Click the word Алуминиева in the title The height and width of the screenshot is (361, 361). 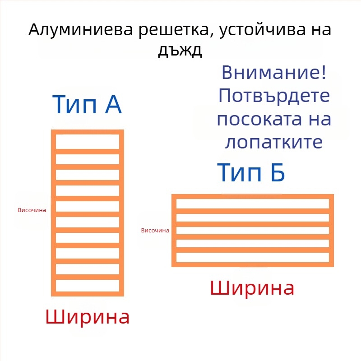(x=81, y=29)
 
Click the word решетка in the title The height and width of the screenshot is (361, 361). (x=176, y=31)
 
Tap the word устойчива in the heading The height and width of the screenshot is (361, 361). (x=262, y=30)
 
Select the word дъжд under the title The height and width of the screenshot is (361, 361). (x=180, y=50)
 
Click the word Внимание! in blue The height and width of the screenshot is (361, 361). (x=274, y=72)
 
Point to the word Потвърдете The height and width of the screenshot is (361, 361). (x=274, y=96)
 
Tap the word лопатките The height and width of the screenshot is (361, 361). (x=274, y=142)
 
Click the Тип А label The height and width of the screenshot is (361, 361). (x=87, y=105)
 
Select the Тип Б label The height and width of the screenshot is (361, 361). (x=251, y=172)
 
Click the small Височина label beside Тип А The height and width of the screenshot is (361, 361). (x=32, y=210)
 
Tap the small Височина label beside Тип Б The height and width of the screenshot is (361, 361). (x=155, y=230)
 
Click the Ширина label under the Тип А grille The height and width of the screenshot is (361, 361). (x=88, y=317)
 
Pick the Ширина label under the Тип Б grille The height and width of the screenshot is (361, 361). (x=252, y=288)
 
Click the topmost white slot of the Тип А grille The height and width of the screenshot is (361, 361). (x=88, y=142)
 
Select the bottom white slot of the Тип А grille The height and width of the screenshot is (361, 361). (x=88, y=286)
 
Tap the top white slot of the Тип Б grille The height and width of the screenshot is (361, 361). (x=253, y=204)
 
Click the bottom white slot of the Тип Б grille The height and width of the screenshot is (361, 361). (x=253, y=257)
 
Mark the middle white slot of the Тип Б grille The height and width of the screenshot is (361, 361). (x=253, y=231)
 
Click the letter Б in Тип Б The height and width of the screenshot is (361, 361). (x=278, y=172)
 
